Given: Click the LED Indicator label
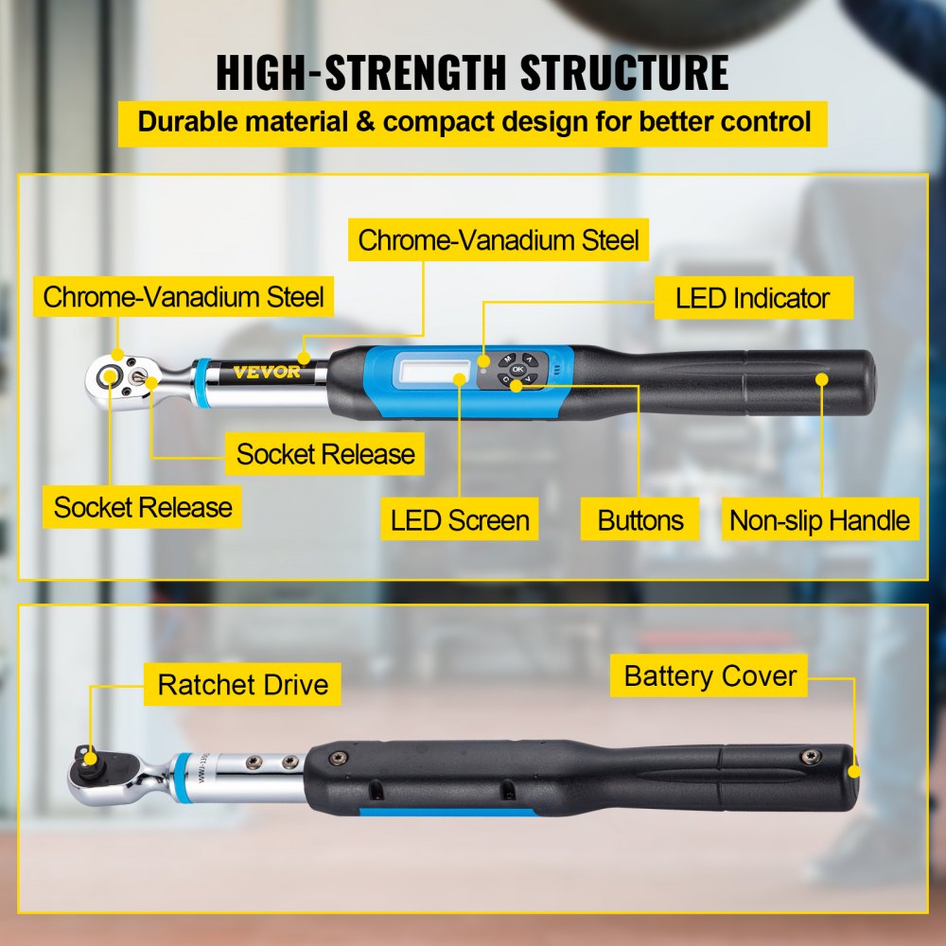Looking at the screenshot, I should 752,299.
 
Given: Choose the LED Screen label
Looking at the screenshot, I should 460,520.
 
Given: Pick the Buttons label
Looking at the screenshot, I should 640,520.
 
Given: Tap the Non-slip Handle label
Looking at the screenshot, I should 819,520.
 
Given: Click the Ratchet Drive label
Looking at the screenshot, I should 243,684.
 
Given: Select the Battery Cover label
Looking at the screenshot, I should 709,676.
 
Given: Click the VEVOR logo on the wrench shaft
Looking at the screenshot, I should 266,372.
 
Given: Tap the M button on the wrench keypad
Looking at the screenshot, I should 508,360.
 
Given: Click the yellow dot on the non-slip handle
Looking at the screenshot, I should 821,378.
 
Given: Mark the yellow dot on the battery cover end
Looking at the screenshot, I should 854,772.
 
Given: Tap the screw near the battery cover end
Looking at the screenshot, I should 809,756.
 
